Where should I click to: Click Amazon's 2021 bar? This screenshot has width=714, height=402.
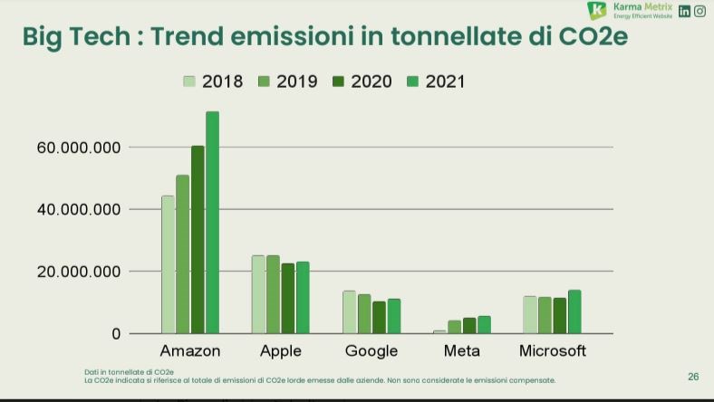click(x=212, y=222)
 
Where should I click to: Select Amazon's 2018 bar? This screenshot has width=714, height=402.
click(x=168, y=264)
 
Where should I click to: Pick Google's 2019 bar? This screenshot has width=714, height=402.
click(x=363, y=313)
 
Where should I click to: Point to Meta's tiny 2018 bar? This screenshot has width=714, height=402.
click(x=439, y=331)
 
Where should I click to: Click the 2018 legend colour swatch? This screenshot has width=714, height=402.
click(x=189, y=81)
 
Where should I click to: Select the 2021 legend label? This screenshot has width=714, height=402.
click(x=445, y=81)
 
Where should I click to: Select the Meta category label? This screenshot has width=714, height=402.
click(x=462, y=351)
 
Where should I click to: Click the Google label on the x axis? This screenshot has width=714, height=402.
click(x=371, y=351)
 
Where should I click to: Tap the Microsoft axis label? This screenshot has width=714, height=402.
click(x=553, y=351)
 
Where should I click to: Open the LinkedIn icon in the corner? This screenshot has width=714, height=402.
click(x=685, y=11)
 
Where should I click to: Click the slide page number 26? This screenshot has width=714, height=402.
click(x=693, y=377)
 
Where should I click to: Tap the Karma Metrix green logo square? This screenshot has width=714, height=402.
click(x=596, y=11)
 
